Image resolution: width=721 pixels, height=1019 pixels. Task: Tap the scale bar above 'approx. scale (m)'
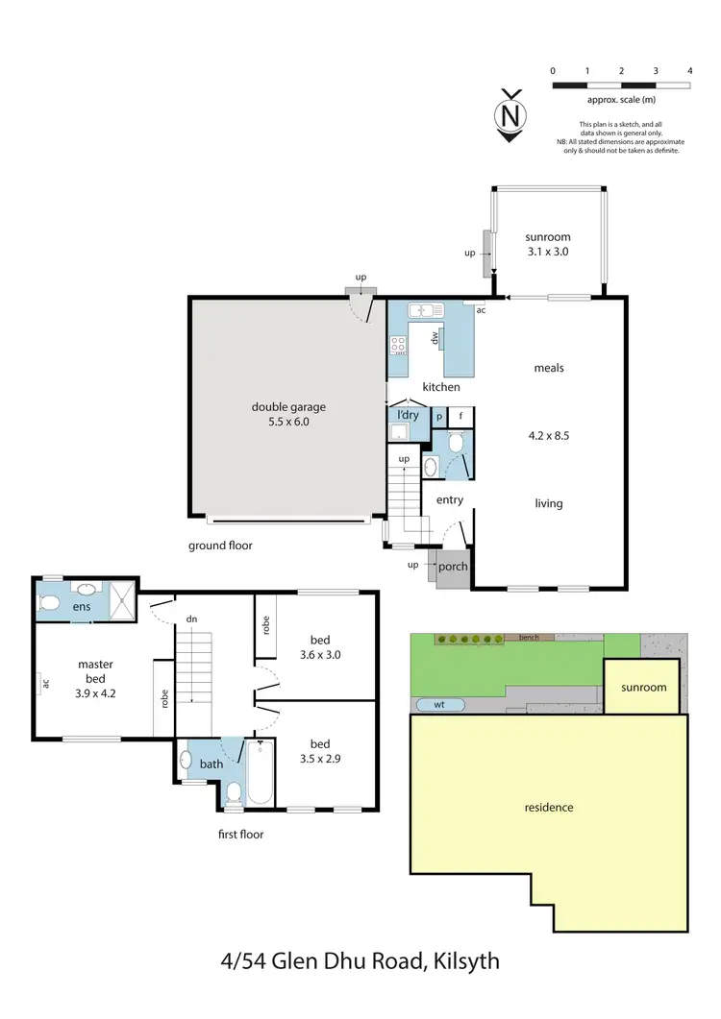coord(621,85)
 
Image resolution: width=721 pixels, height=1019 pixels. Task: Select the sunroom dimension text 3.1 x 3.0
coord(547,253)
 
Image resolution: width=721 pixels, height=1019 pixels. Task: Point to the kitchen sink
coord(423,310)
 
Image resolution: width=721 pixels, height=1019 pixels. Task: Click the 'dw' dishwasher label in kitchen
coord(435,337)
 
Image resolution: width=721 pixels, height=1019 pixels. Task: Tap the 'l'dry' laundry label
coord(408,415)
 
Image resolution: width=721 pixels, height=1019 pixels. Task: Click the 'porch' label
coord(453,566)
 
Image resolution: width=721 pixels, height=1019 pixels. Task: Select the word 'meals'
coord(549,368)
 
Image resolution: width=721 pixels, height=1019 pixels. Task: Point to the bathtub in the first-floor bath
coord(261,773)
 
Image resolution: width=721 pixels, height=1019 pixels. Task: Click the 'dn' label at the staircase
coord(191,619)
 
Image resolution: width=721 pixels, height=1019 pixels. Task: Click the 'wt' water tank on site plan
coord(439,704)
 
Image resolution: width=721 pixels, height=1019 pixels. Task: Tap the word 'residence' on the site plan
coord(549,807)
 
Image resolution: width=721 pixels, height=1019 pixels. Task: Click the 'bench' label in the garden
coord(528,637)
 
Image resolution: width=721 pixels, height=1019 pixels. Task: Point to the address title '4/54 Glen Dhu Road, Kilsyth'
coord(360,960)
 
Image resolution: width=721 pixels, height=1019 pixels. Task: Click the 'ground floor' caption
coord(219,545)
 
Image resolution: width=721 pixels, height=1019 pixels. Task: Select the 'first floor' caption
coord(240,834)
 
